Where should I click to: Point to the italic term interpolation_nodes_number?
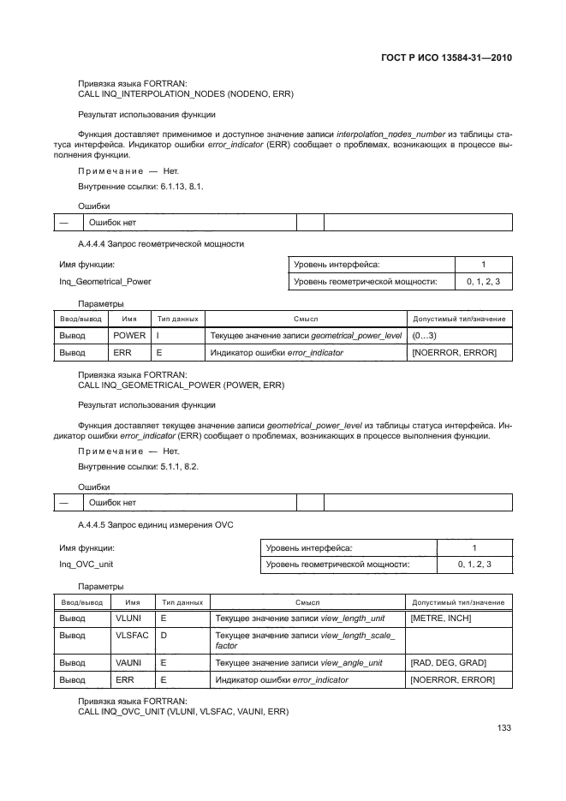click(386, 134)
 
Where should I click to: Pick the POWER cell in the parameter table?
click(130, 335)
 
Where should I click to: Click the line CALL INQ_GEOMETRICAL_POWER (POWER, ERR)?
click(182, 385)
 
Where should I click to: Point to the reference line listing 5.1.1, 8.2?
click(139, 465)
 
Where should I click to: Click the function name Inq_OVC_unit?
click(86, 564)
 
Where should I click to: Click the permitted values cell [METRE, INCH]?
click(441, 618)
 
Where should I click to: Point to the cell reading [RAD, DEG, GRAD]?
click(448, 662)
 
